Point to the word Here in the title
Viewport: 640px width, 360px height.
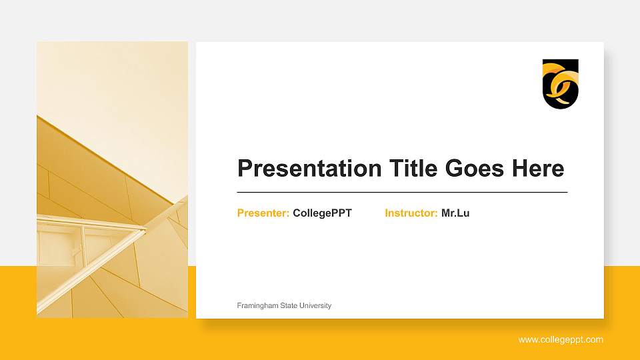(x=538, y=169)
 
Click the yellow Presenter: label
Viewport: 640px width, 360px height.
(x=263, y=213)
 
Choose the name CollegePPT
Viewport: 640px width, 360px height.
(x=322, y=213)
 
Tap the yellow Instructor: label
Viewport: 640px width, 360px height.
(x=411, y=213)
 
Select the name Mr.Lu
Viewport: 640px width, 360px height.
(x=455, y=213)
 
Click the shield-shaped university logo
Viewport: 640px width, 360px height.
(x=560, y=83)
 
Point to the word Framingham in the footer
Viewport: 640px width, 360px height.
(x=257, y=305)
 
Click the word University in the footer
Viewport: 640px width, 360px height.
(x=315, y=305)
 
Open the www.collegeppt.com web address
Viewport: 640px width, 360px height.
(x=561, y=340)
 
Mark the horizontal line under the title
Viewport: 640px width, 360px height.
(x=402, y=192)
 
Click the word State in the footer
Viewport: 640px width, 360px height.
(x=287, y=305)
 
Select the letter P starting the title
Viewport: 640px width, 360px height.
(x=245, y=169)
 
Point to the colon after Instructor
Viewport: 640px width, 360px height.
(x=436, y=214)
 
